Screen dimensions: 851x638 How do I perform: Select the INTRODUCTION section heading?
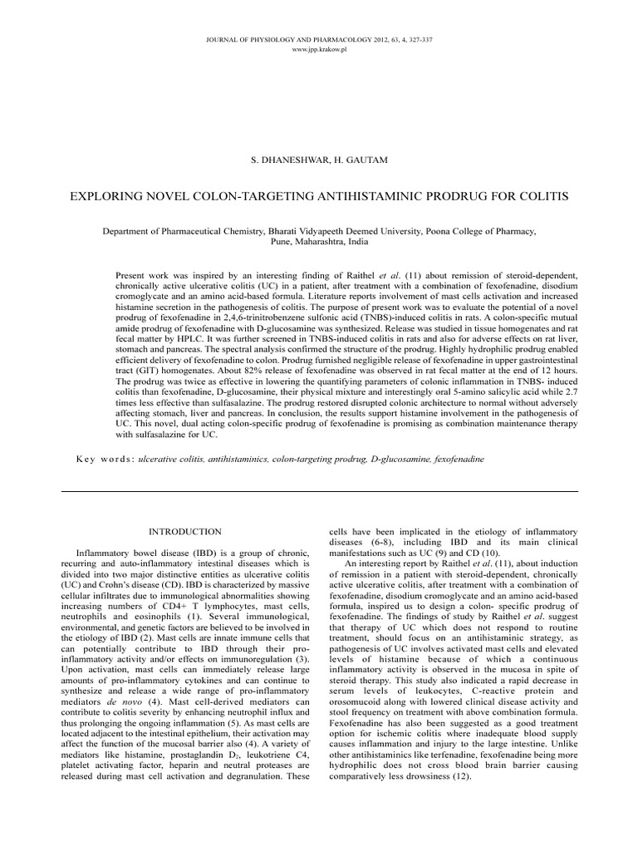click(184, 530)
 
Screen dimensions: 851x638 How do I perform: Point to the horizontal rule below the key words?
click(318, 491)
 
